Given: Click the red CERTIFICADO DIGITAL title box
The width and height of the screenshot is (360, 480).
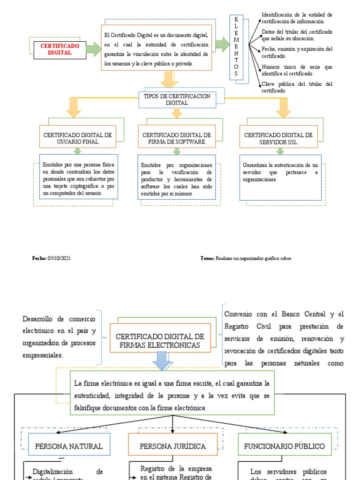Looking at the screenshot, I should [60, 49].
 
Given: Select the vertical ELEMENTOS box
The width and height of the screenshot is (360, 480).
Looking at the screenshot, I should [236, 47].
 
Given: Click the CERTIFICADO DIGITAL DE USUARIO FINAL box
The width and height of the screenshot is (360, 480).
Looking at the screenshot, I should [77, 138].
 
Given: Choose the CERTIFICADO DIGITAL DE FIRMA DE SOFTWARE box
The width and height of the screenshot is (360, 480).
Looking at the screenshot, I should [177, 138].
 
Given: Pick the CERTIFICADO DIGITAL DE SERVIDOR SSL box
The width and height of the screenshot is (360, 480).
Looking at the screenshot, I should [278, 138].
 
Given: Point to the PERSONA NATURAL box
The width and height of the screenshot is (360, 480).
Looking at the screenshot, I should [69, 446].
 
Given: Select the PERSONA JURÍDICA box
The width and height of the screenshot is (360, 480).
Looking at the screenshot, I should [173, 446].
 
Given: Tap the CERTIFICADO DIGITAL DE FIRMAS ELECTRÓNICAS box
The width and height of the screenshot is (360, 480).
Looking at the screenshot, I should [159, 340].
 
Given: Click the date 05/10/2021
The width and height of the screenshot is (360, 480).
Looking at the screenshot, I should [59, 258].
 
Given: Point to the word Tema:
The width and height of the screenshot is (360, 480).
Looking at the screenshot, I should [207, 258].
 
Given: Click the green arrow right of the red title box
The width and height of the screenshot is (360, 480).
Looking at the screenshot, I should [94, 49].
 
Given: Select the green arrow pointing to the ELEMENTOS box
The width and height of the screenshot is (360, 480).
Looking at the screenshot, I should [222, 45].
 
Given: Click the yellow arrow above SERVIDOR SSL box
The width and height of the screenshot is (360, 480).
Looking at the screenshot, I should [283, 108].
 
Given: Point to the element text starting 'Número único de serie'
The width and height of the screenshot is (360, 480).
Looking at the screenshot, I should [297, 70].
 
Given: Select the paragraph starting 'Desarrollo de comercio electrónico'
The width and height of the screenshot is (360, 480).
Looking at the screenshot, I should [59, 337].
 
